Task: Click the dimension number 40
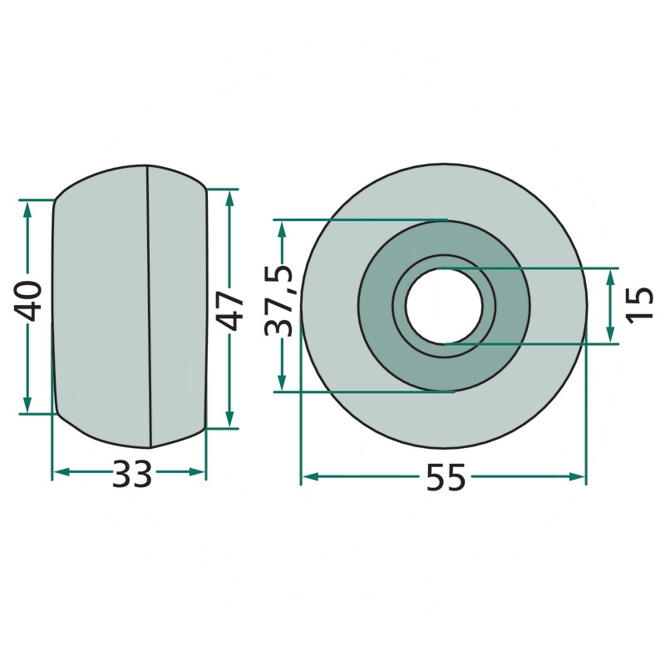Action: [27, 300]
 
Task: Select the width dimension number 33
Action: [131, 474]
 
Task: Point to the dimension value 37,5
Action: [278, 300]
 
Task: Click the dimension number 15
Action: [640, 305]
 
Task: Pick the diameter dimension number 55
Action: [446, 477]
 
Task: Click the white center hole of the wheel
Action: [444, 305]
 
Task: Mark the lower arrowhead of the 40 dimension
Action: [27, 405]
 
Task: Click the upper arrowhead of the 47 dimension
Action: [229, 197]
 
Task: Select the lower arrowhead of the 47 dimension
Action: [229, 420]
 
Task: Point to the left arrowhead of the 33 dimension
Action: [62, 472]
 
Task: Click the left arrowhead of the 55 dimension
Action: [310, 477]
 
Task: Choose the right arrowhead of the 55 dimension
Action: [577, 476]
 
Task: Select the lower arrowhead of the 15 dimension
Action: [610, 335]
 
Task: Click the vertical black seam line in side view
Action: [150, 306]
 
